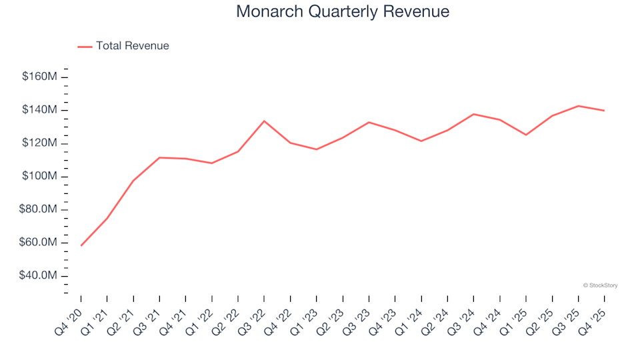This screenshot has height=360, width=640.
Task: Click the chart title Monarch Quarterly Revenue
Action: pos(343,12)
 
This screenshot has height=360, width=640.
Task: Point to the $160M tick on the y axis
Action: pos(39,77)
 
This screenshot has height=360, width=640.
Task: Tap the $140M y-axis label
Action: pos(39,110)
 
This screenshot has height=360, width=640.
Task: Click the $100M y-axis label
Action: pos(39,177)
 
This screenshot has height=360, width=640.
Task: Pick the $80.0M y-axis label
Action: pos(39,209)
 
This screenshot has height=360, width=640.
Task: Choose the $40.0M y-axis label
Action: pos(39,276)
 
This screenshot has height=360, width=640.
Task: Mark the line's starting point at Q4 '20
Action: pos(81,245)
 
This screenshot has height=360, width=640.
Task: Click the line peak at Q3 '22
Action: pos(264,121)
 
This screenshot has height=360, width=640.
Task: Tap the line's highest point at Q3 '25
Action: pos(578,106)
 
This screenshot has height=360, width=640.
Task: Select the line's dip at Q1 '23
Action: pos(317,149)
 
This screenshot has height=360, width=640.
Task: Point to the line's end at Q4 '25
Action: pos(604,111)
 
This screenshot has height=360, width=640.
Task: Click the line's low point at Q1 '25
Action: pos(526,135)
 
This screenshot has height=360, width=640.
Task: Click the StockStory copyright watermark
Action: pos(600,285)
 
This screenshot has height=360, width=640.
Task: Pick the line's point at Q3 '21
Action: pos(159,157)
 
